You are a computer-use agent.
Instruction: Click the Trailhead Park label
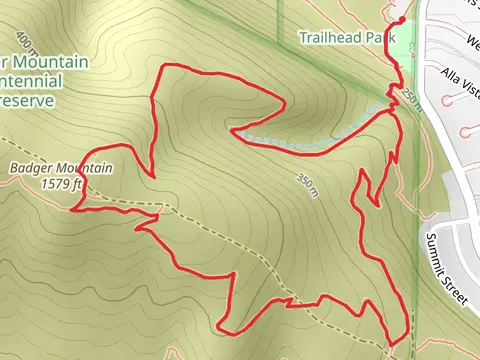tap(341, 38)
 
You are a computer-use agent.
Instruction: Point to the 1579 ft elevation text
tap(61, 183)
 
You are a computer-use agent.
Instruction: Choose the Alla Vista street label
tap(463, 85)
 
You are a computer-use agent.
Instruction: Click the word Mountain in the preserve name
tap(56, 63)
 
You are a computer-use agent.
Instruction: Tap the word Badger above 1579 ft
tap(31, 168)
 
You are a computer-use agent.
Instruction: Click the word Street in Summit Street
tap(455, 287)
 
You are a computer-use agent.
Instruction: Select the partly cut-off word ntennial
tap(31, 81)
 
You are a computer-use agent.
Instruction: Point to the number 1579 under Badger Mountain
tap(56, 183)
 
